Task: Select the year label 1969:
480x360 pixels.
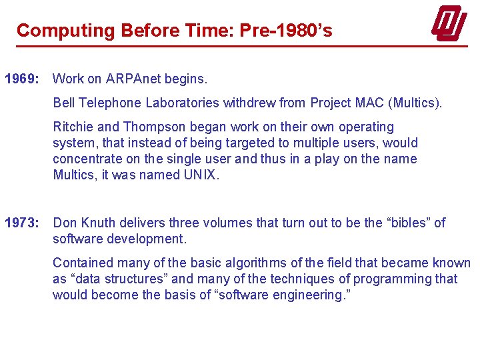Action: tap(23, 79)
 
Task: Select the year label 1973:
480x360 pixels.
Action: tap(23, 223)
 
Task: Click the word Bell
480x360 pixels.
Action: tap(63, 103)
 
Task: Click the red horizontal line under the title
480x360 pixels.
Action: tap(240, 46)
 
